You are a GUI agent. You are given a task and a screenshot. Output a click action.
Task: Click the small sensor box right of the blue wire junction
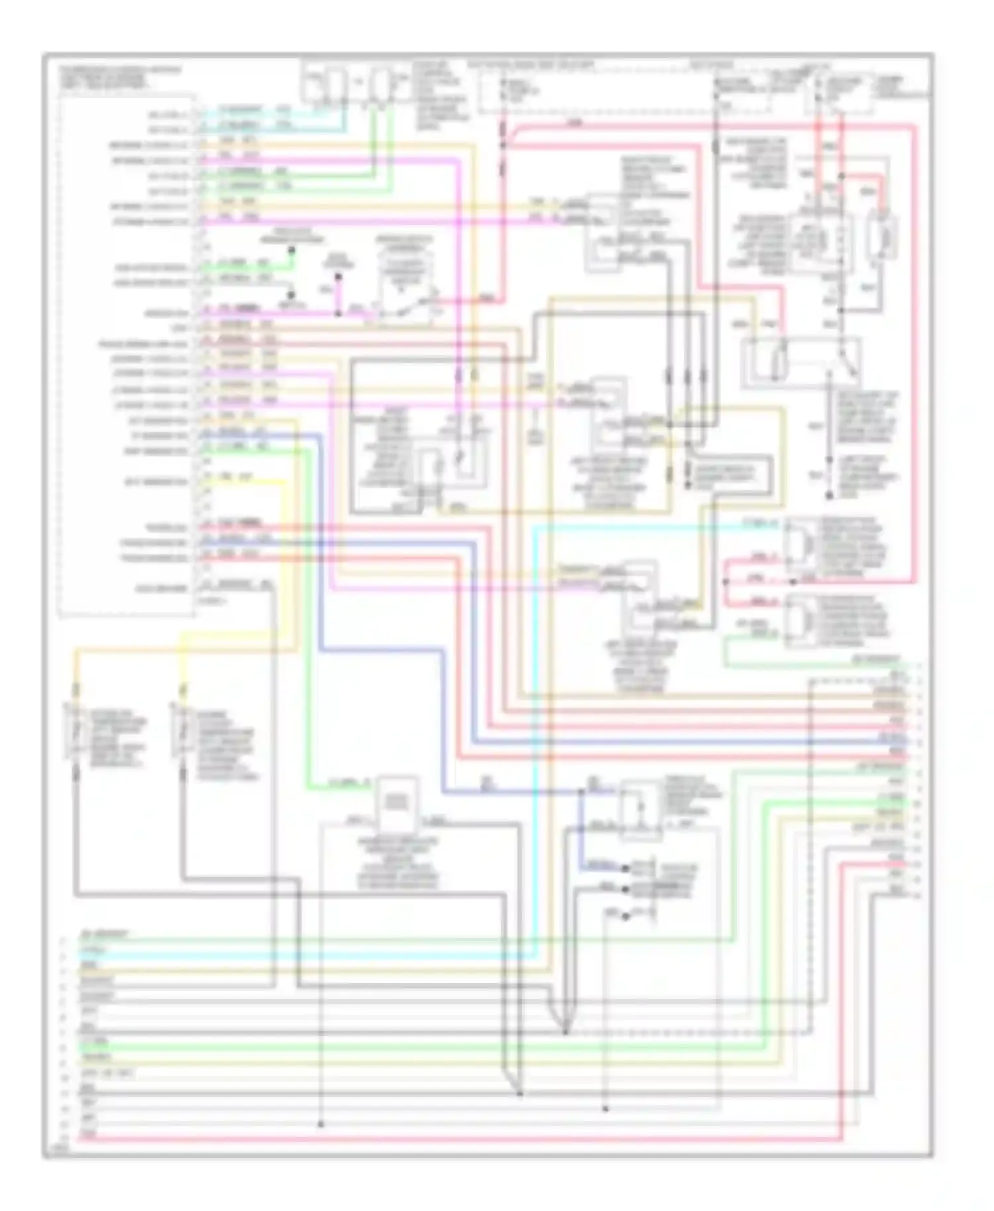click(639, 810)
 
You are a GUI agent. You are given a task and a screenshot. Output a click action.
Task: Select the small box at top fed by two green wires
click(380, 85)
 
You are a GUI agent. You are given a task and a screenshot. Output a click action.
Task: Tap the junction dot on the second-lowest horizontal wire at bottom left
click(320, 1124)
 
